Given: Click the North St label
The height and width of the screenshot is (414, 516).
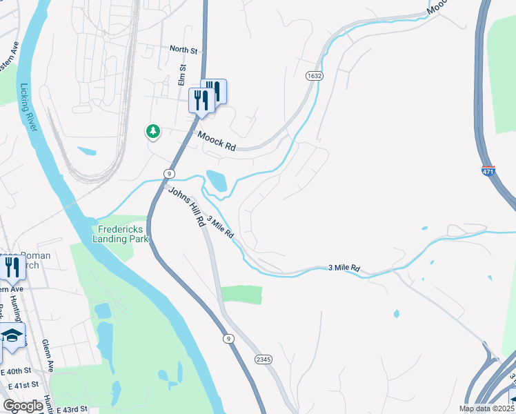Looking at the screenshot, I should [x=184, y=50].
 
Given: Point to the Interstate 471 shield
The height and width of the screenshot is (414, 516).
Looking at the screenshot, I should [x=488, y=169].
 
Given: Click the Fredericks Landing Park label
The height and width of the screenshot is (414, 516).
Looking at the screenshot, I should [x=120, y=234].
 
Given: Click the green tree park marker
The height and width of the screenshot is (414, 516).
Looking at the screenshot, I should [x=152, y=131].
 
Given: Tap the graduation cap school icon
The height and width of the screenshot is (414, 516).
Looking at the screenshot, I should [x=10, y=336].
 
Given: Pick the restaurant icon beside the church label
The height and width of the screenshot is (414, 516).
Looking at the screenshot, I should [x=12, y=266].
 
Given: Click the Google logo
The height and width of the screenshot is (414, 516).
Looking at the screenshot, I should [x=23, y=406].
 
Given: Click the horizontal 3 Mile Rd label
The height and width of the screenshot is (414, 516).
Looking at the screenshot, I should [x=344, y=267].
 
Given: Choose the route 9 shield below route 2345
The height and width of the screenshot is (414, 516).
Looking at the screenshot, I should [x=228, y=339].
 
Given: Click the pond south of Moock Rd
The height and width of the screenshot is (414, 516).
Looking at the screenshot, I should [x=216, y=181].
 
